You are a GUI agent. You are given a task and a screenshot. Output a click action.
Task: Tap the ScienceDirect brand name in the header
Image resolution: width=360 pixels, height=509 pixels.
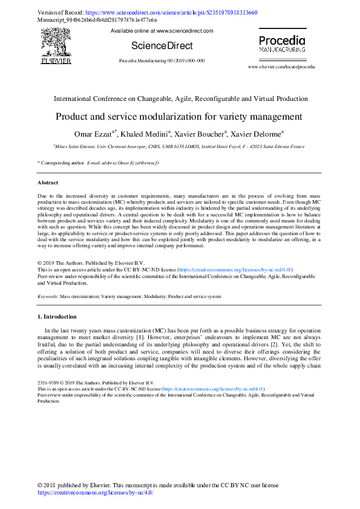[162, 45]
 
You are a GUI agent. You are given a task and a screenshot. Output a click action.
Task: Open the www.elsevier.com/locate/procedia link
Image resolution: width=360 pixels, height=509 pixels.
[281, 66]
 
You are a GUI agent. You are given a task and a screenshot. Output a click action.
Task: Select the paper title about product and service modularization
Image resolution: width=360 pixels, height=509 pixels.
[180, 116]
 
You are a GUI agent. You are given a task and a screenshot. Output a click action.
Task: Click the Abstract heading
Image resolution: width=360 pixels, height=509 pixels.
[48, 182]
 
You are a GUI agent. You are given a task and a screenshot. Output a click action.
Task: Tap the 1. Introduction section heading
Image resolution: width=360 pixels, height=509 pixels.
[57, 316]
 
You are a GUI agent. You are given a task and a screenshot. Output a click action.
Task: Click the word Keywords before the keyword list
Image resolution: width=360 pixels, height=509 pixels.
[48, 297]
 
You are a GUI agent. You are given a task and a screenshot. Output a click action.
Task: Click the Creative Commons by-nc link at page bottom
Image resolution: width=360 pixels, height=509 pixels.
[96, 493]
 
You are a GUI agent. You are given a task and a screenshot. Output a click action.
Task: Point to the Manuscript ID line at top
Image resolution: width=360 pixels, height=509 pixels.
[97, 19]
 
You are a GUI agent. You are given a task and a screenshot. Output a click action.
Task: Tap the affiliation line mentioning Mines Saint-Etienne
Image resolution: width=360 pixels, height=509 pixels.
[180, 146]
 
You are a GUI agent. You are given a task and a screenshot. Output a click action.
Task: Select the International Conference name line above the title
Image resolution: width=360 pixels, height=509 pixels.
[180, 99]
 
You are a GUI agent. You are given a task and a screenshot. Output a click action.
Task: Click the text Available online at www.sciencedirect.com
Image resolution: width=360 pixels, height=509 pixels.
[162, 30]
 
